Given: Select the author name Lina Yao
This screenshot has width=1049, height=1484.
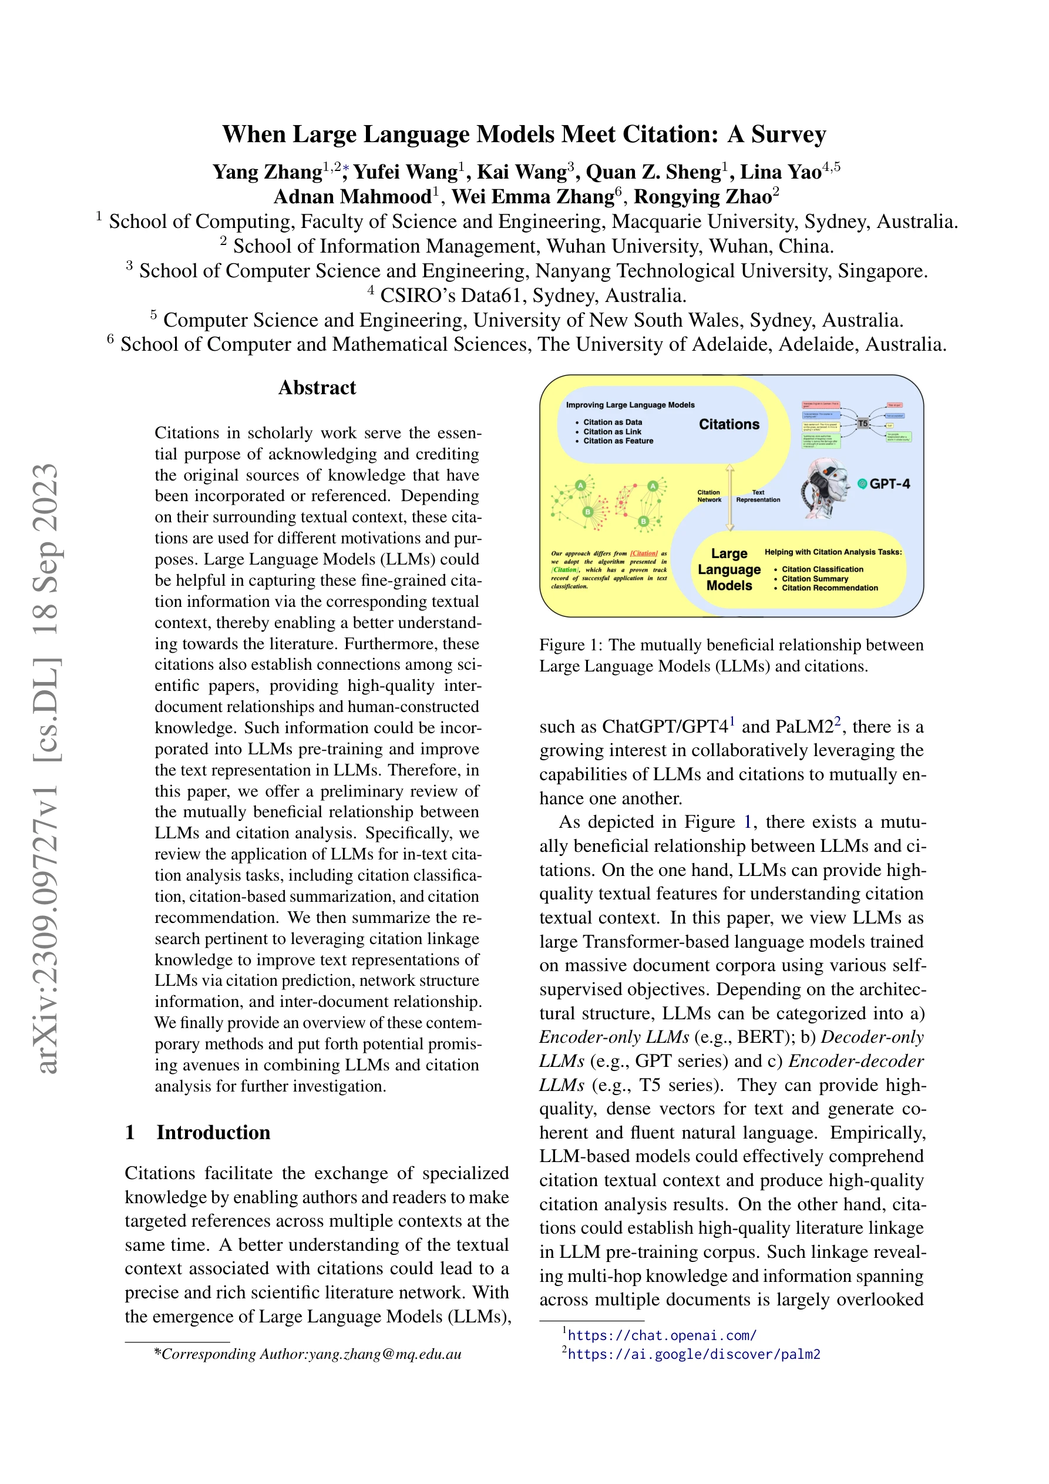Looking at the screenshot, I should click(780, 172).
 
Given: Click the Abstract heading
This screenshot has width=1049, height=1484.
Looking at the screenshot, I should click(317, 388).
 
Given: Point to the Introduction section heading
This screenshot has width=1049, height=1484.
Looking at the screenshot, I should click(213, 1133).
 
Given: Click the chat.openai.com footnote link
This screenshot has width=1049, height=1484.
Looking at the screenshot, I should click(662, 1335).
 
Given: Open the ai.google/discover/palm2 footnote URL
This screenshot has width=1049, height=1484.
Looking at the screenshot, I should click(694, 1354).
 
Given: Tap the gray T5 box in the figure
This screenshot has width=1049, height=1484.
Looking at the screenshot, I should click(862, 424).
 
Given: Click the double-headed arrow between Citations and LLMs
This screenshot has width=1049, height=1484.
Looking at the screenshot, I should click(730, 498).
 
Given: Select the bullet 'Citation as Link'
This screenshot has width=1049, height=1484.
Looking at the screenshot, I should click(611, 432).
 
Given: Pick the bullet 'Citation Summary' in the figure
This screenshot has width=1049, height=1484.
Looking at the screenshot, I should click(815, 579).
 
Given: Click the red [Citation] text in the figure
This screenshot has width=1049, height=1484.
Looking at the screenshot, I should click(644, 553).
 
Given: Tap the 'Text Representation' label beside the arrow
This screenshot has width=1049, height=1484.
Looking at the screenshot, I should click(758, 496).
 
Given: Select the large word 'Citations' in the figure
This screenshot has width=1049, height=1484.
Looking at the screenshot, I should click(729, 424).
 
